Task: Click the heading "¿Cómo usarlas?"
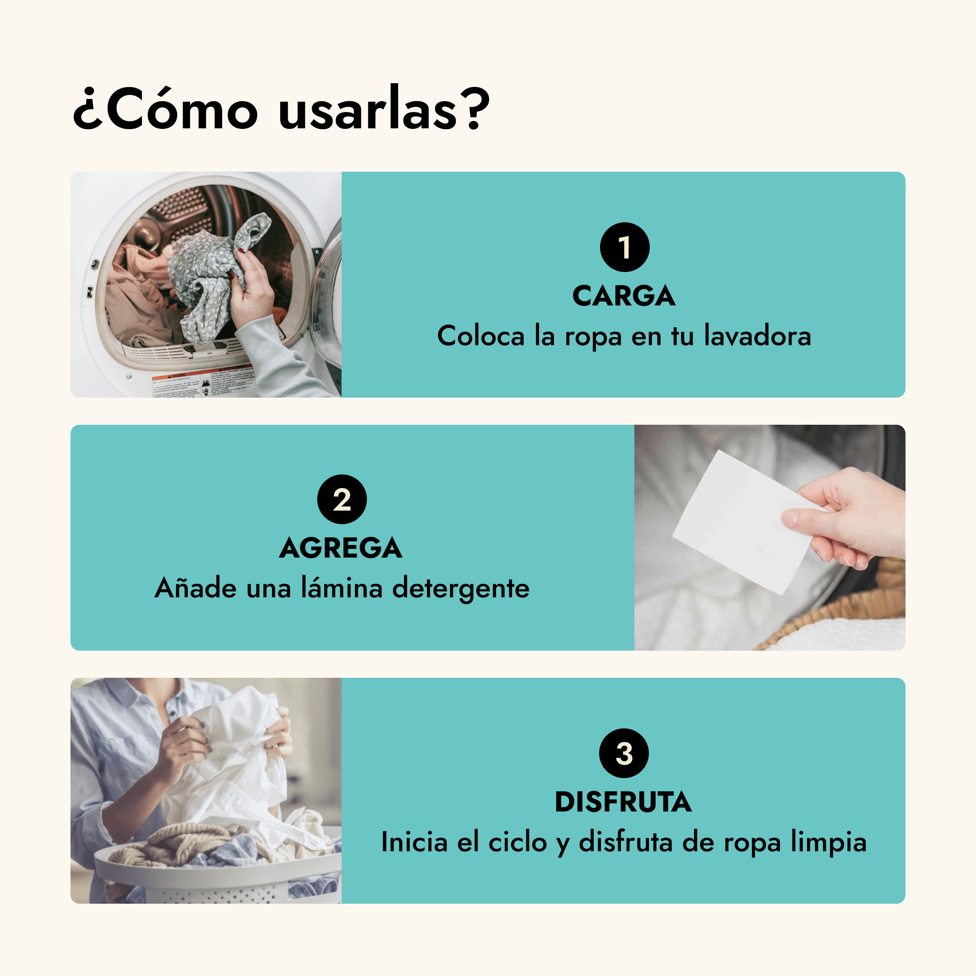282,108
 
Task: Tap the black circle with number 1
624,247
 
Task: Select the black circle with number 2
342,499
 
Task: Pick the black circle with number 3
624,753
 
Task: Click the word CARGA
624,296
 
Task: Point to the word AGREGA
341,548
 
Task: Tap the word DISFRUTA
624,802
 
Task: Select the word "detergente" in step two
461,588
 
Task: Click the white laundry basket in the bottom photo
217,872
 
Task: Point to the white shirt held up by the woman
237,758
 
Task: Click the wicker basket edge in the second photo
834,606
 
